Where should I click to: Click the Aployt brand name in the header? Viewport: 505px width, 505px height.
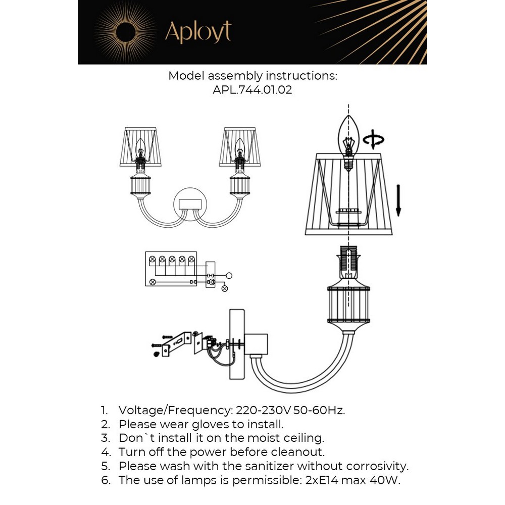(198, 32)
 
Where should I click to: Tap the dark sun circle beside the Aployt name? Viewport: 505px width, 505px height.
(126, 33)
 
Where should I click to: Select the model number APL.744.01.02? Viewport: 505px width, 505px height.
(252, 91)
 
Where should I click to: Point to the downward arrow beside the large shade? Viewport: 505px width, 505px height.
(398, 200)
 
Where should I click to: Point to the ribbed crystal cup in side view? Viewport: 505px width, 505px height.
(347, 304)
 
